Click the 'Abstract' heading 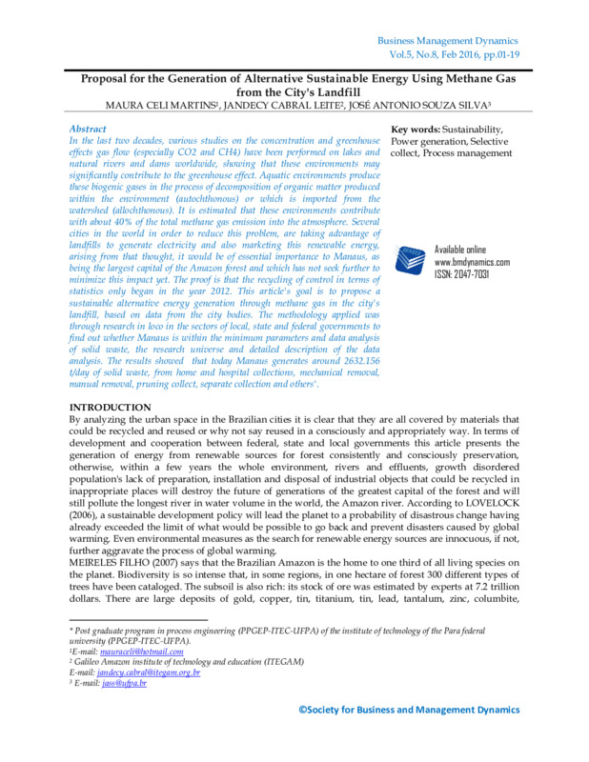[88, 128]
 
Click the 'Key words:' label [418, 128]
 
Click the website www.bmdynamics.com [472, 262]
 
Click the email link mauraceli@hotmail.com [126, 652]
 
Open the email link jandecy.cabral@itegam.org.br [149, 672]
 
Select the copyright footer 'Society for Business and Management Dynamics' [410, 710]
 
